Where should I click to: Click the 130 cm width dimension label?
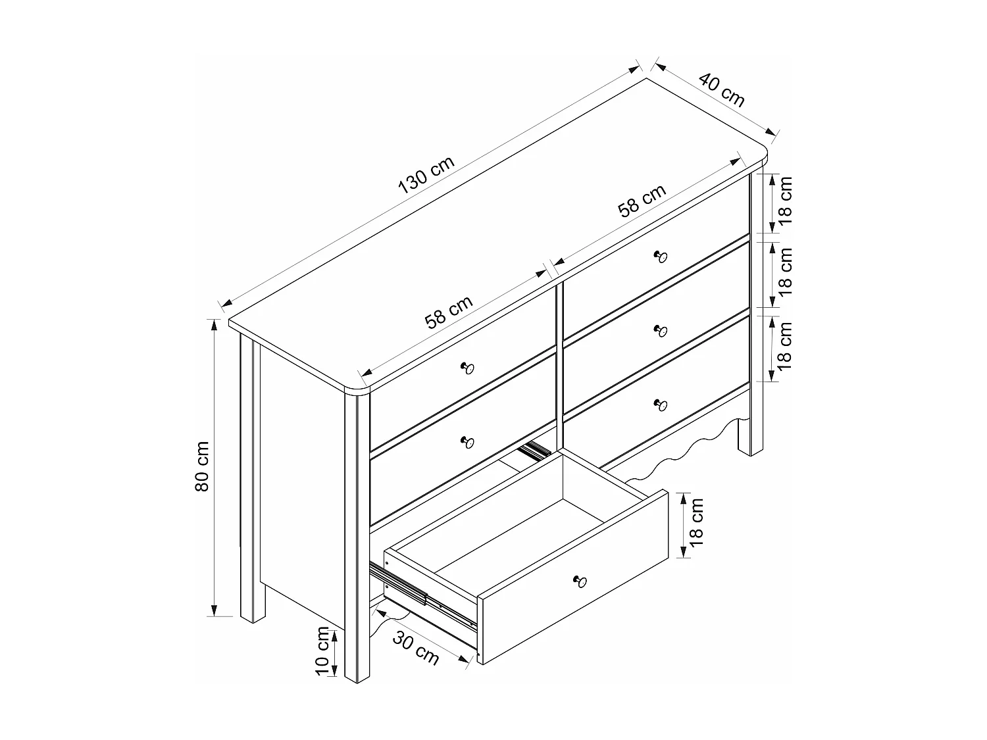click(x=426, y=176)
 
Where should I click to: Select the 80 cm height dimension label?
click(x=202, y=466)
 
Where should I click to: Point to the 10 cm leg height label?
click(x=322, y=651)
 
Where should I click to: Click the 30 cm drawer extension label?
click(x=417, y=647)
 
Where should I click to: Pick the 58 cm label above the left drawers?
click(x=449, y=312)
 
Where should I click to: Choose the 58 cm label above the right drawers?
click(x=642, y=200)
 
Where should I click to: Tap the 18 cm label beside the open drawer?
click(x=697, y=522)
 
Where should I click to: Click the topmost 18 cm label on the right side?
click(x=786, y=201)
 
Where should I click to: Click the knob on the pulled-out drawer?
click(x=580, y=580)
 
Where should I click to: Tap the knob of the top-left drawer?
click(x=468, y=367)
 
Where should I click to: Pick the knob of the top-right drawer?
click(x=661, y=256)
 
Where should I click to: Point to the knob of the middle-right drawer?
click(x=661, y=330)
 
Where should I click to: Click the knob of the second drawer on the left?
click(x=468, y=441)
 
